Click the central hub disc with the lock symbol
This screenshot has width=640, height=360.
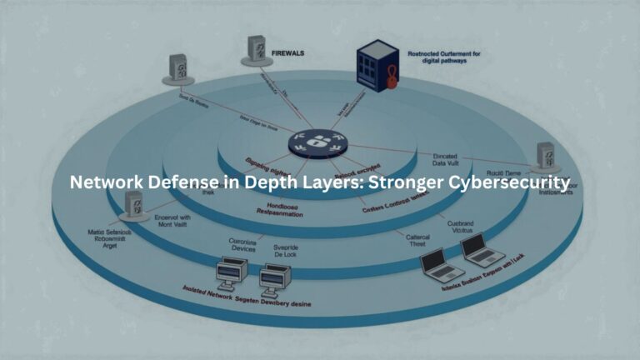pos(317,143)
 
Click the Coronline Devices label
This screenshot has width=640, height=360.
pos(242,247)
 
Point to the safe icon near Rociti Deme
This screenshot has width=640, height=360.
pos(547,155)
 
